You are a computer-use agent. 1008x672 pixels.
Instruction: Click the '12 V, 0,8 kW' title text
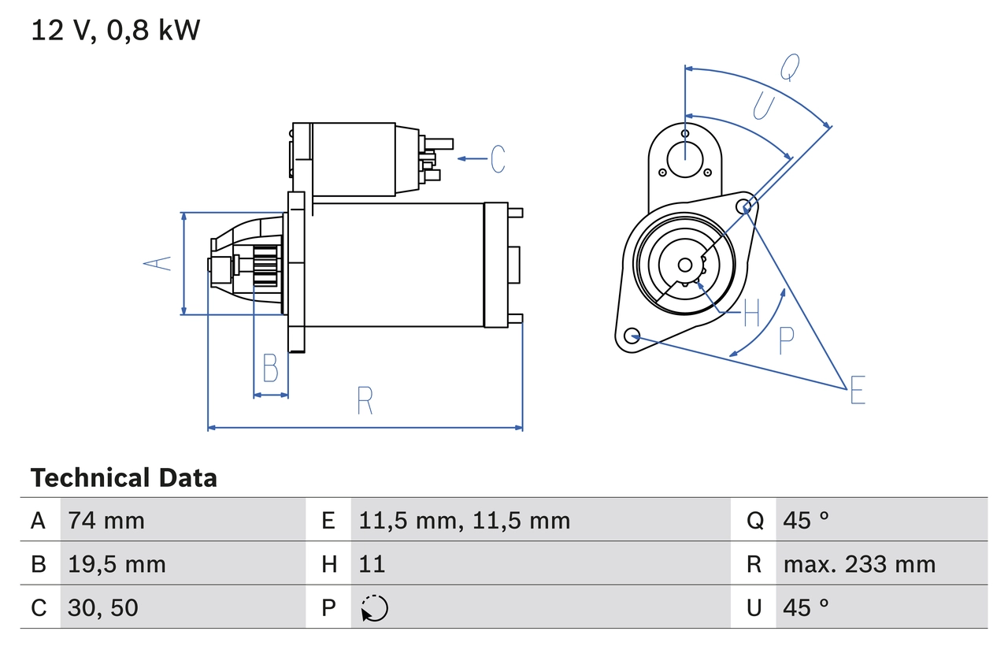tap(115, 31)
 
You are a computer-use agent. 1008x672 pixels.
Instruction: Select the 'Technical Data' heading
tap(124, 478)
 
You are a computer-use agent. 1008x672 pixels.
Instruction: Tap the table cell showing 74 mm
tap(106, 520)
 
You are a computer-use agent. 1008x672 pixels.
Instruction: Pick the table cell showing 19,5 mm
tap(117, 564)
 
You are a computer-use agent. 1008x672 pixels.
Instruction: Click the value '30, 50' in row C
tap(103, 607)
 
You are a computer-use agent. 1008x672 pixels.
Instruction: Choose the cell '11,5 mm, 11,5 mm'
tap(464, 520)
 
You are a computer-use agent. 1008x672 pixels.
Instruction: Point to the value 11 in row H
tap(372, 564)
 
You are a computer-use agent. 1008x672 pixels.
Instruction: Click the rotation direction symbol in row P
tap(374, 608)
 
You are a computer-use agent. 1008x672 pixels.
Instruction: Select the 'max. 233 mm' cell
tap(859, 564)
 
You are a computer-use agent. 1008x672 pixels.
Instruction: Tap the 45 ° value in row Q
tap(806, 520)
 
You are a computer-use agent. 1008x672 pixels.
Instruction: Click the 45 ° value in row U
tap(806, 607)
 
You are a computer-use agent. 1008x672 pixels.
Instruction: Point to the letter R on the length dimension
tap(365, 401)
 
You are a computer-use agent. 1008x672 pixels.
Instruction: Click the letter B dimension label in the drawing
tap(270, 368)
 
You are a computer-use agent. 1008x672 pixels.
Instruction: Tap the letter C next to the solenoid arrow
tap(498, 159)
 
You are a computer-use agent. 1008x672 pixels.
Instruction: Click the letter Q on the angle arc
tap(790, 68)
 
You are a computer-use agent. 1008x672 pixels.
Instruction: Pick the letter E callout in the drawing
tap(858, 390)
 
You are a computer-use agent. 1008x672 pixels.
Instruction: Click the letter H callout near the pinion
tap(751, 314)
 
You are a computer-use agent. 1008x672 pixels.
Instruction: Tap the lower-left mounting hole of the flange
tap(631, 336)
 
